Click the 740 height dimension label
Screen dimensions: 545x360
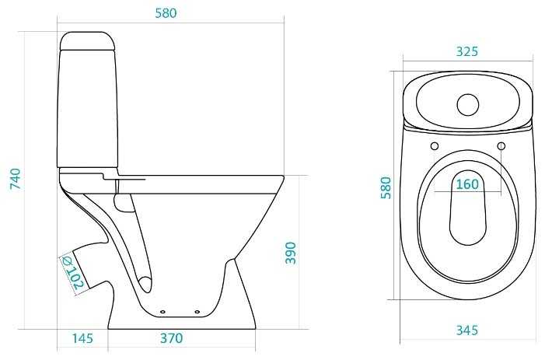pos(16,179)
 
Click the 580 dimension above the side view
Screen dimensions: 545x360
pos(166,13)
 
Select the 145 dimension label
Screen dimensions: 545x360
pos(82,337)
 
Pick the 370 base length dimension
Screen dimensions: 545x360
pos(171,337)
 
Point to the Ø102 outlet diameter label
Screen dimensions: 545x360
pos(73,273)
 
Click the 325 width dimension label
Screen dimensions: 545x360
pos(467,51)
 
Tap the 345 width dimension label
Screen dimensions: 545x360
pos(467,330)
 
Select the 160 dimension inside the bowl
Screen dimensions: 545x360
pos(467,184)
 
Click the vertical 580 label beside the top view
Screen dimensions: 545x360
pos(386,187)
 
